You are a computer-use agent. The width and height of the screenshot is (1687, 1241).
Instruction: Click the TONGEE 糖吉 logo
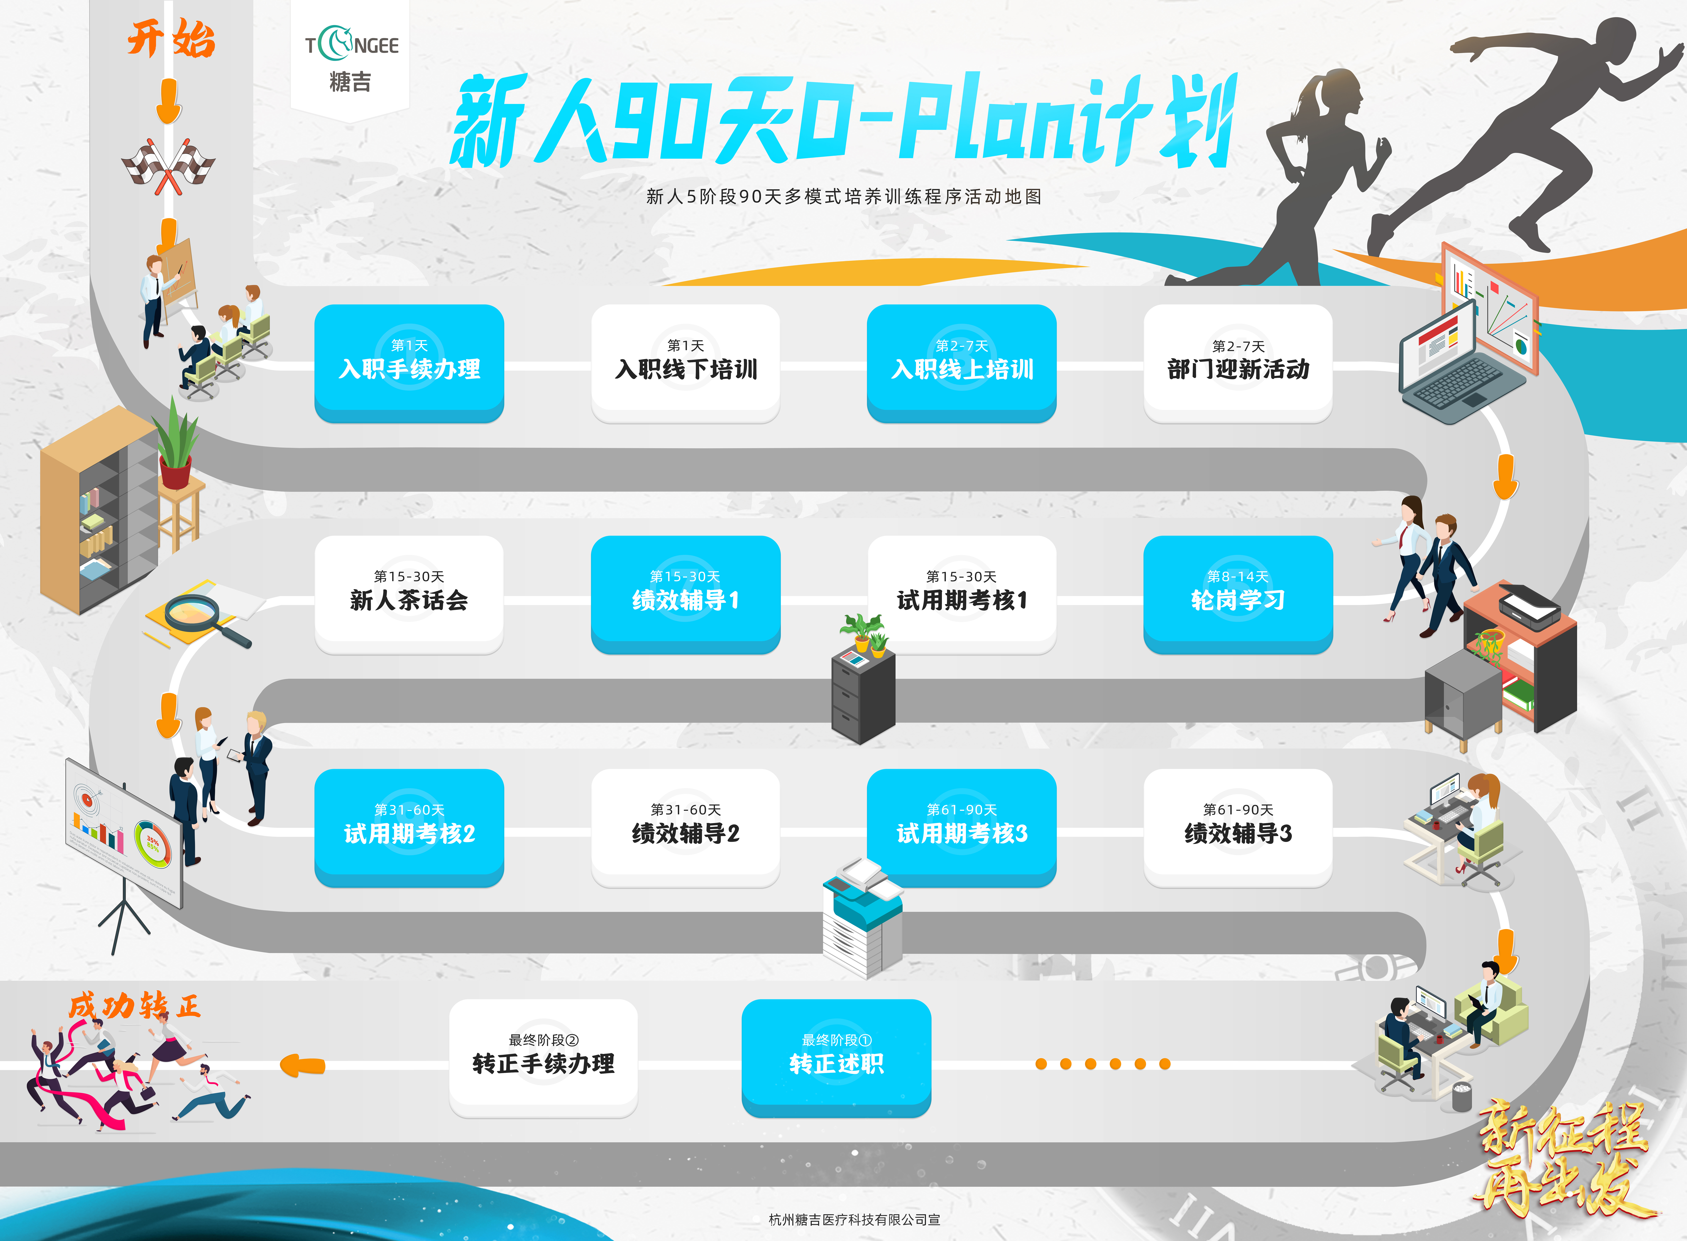click(351, 59)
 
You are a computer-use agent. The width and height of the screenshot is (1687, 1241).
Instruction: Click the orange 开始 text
click(171, 39)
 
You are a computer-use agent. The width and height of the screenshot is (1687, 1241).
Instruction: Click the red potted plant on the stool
click(176, 451)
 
